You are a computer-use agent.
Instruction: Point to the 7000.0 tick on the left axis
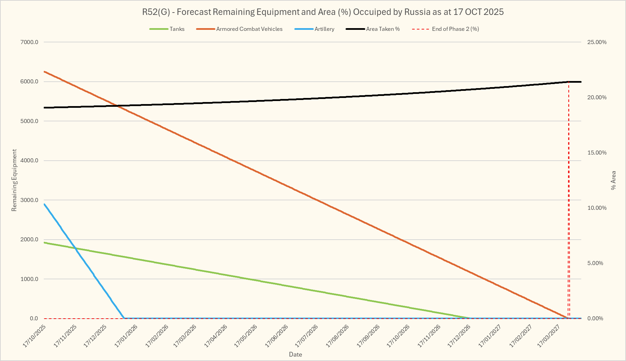(x=30, y=42)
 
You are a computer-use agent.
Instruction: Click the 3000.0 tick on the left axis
(x=30, y=200)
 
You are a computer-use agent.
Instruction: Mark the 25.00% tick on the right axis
(x=597, y=42)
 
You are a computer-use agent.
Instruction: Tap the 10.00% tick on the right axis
(x=597, y=208)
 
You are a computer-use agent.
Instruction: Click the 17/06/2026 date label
(x=277, y=336)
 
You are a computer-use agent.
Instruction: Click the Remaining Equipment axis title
(x=14, y=180)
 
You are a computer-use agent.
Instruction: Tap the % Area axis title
(x=613, y=180)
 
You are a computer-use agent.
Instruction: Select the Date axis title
(x=295, y=355)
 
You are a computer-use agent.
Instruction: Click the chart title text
(x=323, y=12)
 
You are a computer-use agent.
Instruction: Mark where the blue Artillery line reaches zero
(x=124, y=318)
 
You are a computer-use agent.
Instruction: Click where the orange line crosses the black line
(x=117, y=106)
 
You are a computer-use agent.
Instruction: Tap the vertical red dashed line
(x=569, y=203)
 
